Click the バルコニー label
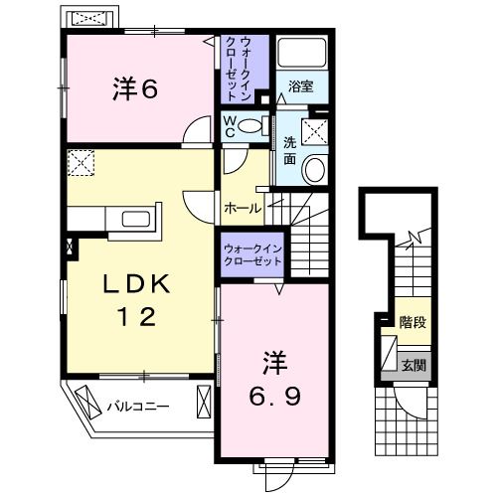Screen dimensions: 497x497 coord(138,407)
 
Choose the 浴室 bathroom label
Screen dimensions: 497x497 coord(301,86)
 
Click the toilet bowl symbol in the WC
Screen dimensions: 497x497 coord(252,126)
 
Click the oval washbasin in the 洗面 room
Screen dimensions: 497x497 coord(315,170)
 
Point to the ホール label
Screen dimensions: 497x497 coord(243,209)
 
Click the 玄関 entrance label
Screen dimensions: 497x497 coord(414,366)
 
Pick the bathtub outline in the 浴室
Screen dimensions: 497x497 coord(303,54)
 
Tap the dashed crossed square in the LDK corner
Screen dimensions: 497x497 coord(81,161)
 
